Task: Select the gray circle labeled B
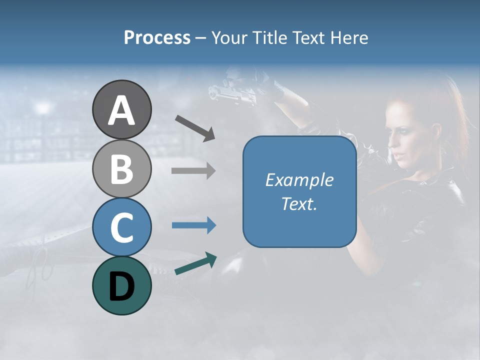pyautogui.click(x=121, y=168)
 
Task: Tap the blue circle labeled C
pyautogui.click(x=121, y=227)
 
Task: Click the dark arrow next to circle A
pyautogui.click(x=195, y=127)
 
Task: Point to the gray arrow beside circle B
pyautogui.click(x=193, y=170)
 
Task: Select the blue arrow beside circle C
pyautogui.click(x=193, y=225)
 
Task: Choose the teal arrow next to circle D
pyautogui.click(x=195, y=263)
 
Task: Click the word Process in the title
pyautogui.click(x=157, y=37)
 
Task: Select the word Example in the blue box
pyautogui.click(x=299, y=180)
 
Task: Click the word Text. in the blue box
pyautogui.click(x=299, y=204)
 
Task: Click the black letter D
pyautogui.click(x=121, y=286)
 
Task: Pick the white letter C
pyautogui.click(x=121, y=227)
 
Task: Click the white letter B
pyautogui.click(x=121, y=169)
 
